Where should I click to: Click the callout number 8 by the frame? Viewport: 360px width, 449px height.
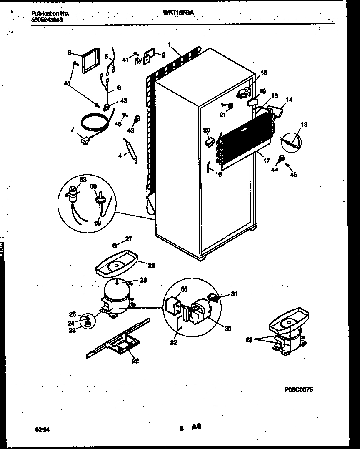click(70, 53)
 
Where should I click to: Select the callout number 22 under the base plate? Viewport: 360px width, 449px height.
click(135, 361)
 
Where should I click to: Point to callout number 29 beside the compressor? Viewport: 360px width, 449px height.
click(143, 281)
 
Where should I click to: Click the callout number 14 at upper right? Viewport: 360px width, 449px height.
click(289, 100)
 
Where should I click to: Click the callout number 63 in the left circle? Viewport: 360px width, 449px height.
click(83, 179)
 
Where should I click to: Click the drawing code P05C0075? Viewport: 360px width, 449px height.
click(299, 389)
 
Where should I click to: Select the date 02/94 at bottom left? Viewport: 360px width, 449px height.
click(39, 429)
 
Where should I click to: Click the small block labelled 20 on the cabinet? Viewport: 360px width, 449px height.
click(210, 143)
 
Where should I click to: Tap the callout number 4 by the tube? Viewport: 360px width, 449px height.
click(120, 156)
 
